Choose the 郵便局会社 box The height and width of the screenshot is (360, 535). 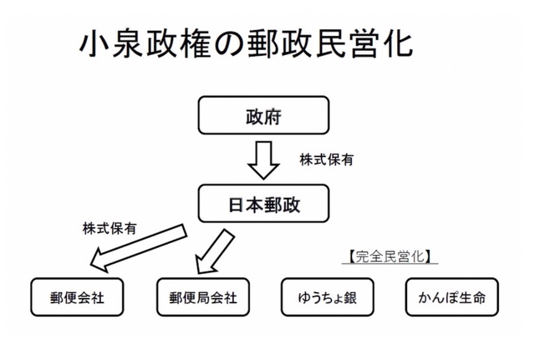pyautogui.click(x=203, y=298)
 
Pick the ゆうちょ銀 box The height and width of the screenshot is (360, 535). pyautogui.click(x=328, y=298)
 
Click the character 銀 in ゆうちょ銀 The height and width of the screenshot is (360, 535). pyautogui.click(x=350, y=298)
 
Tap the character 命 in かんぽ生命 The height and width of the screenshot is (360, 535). pyautogui.click(x=476, y=298)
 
